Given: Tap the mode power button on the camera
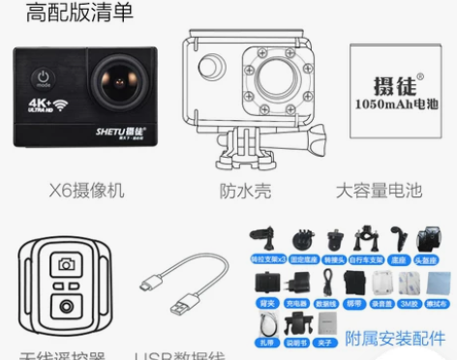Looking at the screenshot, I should pos(44,76).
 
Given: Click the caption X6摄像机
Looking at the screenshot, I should pos(86,191).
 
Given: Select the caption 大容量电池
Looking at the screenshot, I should pos(381,191).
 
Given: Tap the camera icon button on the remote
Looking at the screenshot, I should pos(65,264).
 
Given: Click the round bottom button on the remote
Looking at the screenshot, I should pos(65,308).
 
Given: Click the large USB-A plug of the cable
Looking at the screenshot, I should pos(182,307).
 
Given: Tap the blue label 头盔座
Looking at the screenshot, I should pos(430,260).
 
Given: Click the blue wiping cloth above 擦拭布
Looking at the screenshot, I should pos(438,283).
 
